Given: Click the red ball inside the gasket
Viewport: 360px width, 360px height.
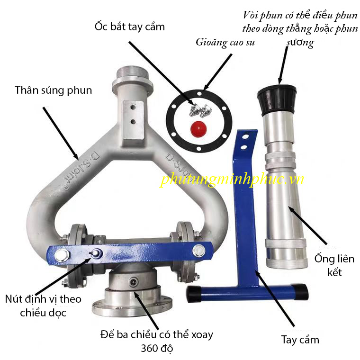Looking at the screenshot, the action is tap(198, 129).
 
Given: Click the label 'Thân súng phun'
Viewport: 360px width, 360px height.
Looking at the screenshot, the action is tap(53, 90).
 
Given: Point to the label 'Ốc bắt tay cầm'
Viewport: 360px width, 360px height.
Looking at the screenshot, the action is tap(130, 27).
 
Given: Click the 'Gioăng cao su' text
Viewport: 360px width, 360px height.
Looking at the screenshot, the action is tap(225, 43).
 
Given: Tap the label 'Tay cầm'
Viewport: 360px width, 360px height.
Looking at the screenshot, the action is tap(300, 340).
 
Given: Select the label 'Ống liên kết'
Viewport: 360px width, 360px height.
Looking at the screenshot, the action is tap(334, 265).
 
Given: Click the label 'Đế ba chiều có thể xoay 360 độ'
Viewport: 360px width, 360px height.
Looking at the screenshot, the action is tap(157, 341).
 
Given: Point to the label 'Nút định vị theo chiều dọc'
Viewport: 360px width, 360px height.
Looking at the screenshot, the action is tap(43, 306).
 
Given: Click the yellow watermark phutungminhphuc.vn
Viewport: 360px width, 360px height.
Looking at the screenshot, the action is tap(232, 179).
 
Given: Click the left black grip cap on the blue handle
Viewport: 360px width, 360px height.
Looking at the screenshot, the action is tap(194, 294).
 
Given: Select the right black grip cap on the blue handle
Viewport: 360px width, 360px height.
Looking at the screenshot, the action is tap(300, 292).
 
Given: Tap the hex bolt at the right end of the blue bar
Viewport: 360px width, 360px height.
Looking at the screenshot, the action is tap(199, 251).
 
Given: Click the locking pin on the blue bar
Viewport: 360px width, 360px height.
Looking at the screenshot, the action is tap(96, 253).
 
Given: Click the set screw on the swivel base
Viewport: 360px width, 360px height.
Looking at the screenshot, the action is tap(134, 282).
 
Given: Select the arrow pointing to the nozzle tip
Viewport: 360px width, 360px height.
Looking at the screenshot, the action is tap(283, 65).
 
